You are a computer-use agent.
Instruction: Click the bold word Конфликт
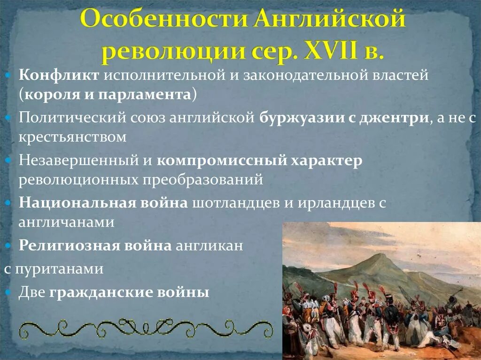[59, 76]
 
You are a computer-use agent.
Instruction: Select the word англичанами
[66, 222]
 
